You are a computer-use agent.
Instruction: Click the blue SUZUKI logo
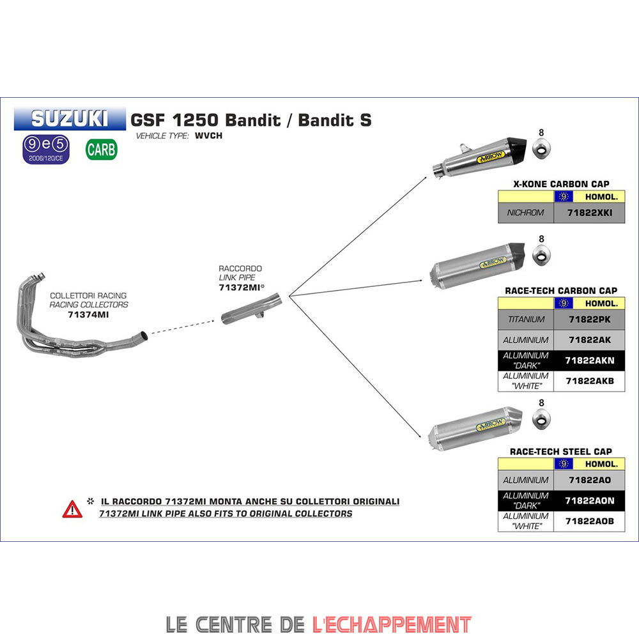tap(70, 118)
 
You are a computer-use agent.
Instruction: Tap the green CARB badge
tap(102, 150)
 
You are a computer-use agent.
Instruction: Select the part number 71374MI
tap(88, 314)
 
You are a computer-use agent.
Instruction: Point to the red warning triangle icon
tap(72, 509)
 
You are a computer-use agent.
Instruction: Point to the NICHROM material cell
tap(525, 212)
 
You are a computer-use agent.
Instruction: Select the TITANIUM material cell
tap(525, 319)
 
